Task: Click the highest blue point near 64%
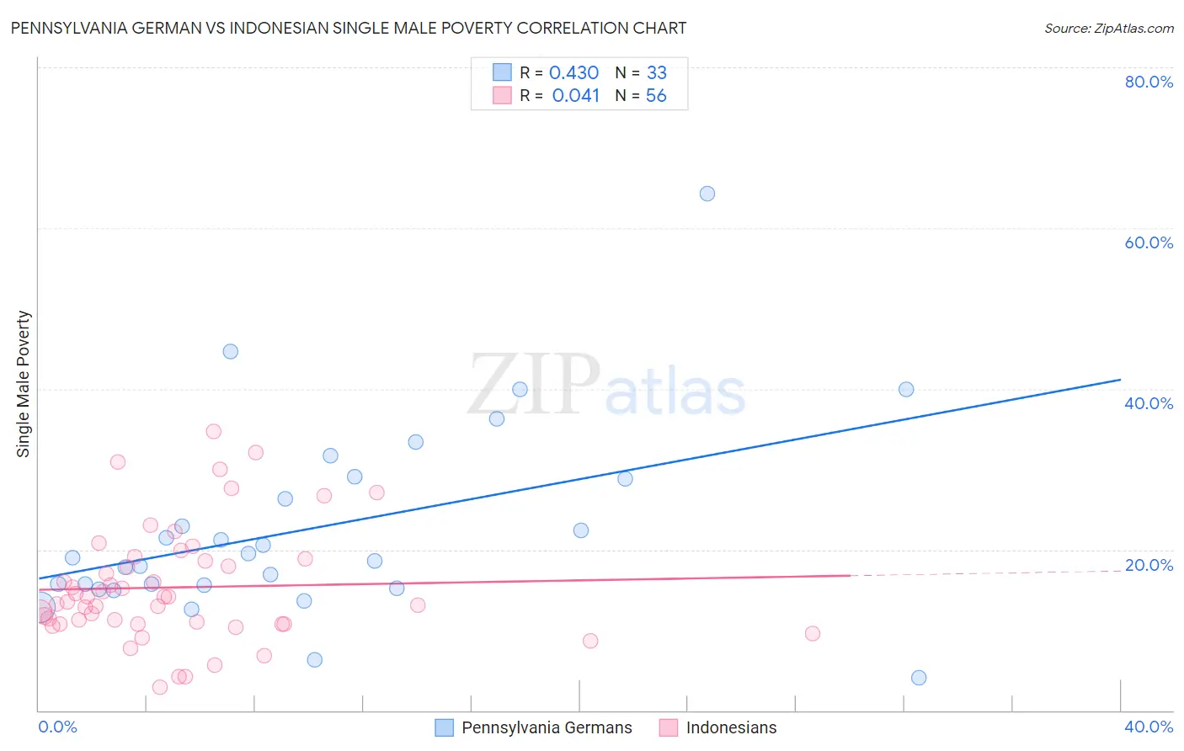[707, 194]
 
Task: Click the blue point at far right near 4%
[919, 678]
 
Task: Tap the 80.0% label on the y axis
[1149, 82]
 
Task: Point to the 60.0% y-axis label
[1149, 242]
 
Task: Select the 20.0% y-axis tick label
[1149, 565]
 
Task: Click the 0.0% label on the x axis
[57, 727]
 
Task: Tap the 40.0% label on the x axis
[1149, 727]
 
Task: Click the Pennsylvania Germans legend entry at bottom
[547, 727]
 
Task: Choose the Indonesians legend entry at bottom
[731, 727]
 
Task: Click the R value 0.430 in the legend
[573, 73]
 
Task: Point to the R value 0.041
[576, 96]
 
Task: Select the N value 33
[657, 73]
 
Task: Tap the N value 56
[656, 96]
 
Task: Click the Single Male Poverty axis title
[24, 384]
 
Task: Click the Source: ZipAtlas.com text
[1109, 29]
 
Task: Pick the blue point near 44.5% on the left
[230, 352]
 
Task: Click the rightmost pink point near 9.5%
[813, 633]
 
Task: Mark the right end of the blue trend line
[1120, 380]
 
